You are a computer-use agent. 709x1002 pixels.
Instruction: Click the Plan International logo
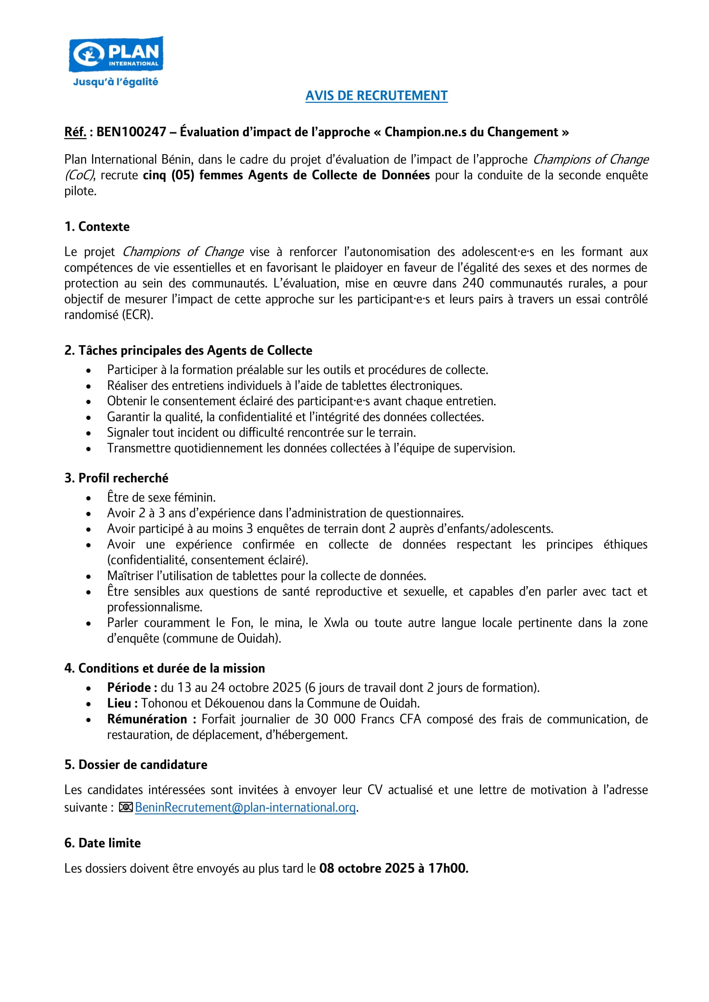[116, 54]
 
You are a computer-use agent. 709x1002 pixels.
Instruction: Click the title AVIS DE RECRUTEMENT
[376, 96]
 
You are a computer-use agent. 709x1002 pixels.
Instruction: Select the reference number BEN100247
[131, 132]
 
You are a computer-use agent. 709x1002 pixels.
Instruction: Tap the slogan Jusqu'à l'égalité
[116, 82]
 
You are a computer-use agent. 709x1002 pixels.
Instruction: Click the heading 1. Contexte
[97, 227]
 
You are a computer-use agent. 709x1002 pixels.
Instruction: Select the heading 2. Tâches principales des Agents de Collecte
[188, 350]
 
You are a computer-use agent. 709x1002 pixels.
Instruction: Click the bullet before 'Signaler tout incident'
[89, 433]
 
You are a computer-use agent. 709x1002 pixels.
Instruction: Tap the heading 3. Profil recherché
[116, 478]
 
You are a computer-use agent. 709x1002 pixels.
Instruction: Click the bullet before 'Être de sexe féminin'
[89, 498]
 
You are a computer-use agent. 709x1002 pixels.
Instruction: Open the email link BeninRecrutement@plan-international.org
[245, 808]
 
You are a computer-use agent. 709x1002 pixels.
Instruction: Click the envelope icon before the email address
[126, 808]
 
